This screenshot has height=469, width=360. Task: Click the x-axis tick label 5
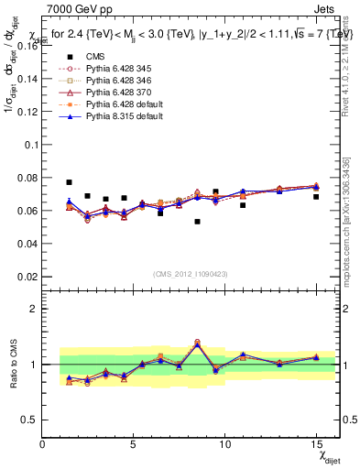click(x=134, y=444)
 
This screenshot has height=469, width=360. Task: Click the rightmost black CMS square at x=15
click(x=316, y=197)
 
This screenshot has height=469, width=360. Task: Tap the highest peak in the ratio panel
click(x=197, y=343)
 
